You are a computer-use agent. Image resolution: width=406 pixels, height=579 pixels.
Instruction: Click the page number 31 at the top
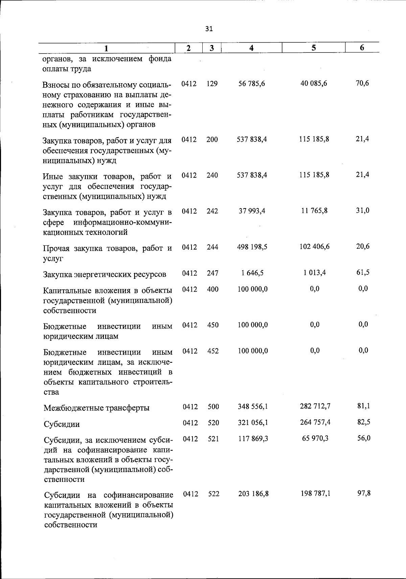tap(209, 29)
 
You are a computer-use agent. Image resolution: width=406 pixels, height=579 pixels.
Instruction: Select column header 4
tap(251, 48)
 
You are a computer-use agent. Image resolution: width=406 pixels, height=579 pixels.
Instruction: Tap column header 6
tap(362, 48)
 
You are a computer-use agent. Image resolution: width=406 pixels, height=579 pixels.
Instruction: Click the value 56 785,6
tap(252, 84)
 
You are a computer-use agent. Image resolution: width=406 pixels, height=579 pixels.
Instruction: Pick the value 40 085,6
tap(314, 83)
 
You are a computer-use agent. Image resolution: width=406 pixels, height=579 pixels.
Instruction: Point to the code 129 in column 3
tap(212, 84)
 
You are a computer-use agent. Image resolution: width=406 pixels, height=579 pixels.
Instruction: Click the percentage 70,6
tap(362, 83)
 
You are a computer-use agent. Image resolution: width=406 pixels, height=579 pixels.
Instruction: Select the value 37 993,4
tap(252, 211)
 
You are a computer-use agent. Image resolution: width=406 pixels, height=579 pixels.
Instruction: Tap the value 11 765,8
tap(314, 211)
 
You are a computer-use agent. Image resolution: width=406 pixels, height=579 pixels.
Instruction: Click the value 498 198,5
tap(252, 247)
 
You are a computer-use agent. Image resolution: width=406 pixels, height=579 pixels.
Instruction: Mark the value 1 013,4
tap(315, 273)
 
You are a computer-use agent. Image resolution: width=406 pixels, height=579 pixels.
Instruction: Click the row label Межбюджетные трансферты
tap(96, 408)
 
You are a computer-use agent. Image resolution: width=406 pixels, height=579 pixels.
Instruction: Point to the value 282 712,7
tap(315, 406)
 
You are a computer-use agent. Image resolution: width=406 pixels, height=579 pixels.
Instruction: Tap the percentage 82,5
tap(364, 422)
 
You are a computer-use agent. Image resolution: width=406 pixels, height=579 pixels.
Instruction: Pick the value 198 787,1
tap(316, 493)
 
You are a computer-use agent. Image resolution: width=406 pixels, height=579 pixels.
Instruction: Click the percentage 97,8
tap(364, 493)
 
